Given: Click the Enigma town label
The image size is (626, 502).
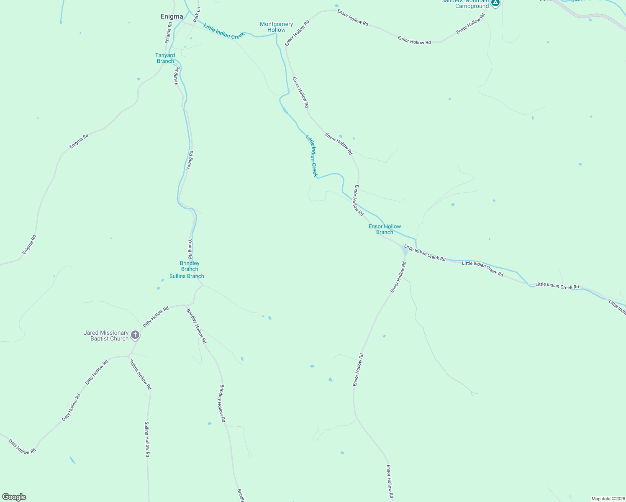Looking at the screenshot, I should tap(172, 17).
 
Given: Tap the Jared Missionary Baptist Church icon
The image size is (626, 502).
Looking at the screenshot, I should tap(135, 335).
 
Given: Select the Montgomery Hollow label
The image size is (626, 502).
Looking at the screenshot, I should tap(276, 27).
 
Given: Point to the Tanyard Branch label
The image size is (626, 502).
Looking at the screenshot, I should tap(165, 58).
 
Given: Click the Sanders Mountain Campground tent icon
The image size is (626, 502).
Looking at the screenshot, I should tap(495, 3).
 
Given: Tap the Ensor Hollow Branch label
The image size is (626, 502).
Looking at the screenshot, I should tap(385, 229).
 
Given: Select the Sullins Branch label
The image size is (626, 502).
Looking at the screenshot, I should tap(187, 276).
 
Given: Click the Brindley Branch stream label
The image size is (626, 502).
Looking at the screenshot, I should tap(190, 266).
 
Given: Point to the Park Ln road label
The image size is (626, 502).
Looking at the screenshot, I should tap(197, 14).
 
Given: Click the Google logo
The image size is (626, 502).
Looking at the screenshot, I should tap(14, 497).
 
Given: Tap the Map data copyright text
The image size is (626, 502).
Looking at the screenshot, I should tap(608, 499).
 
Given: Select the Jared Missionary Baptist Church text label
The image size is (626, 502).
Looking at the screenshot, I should tap(106, 336).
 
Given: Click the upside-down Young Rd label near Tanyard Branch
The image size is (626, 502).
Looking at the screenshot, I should tap(177, 76).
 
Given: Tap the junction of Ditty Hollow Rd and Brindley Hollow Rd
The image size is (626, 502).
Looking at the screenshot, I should tap(185, 305).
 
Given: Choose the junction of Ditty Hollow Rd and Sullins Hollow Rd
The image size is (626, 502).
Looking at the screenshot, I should tap(128, 356).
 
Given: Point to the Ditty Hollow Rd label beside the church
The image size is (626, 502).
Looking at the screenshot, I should tap(156, 317).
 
